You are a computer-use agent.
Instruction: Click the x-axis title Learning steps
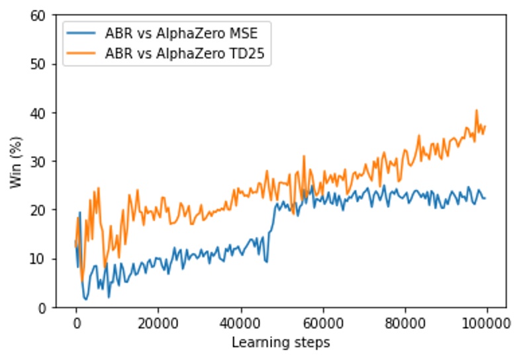pos(281,342)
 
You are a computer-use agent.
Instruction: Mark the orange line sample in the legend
pos(83,54)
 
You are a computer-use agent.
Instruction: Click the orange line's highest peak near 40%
pos(476,111)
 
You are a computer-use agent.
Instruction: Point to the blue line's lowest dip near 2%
pos(85,299)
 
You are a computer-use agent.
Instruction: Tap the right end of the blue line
pos(485,199)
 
